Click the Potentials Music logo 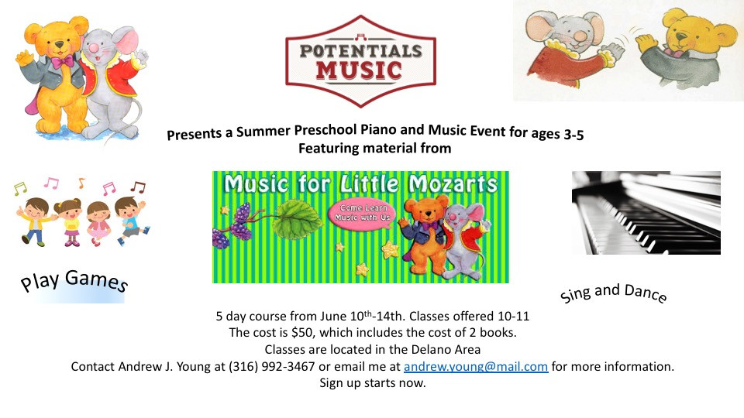pyautogui.click(x=360, y=61)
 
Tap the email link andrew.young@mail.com pyautogui.click(x=476, y=366)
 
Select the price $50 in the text pyautogui.click(x=302, y=332)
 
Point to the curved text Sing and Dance pyautogui.click(x=613, y=292)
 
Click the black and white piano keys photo pyautogui.click(x=646, y=213)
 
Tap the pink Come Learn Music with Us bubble pyautogui.click(x=362, y=214)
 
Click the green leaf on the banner pyautogui.click(x=295, y=219)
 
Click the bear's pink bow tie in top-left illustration pyautogui.click(x=63, y=62)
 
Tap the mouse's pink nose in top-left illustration pyautogui.click(x=95, y=48)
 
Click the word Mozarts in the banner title pyautogui.click(x=453, y=184)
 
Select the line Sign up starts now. pyautogui.click(x=373, y=382)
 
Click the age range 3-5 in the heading pyautogui.click(x=573, y=135)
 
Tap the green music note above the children pyautogui.click(x=20, y=189)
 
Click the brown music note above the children pyautogui.click(x=139, y=187)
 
